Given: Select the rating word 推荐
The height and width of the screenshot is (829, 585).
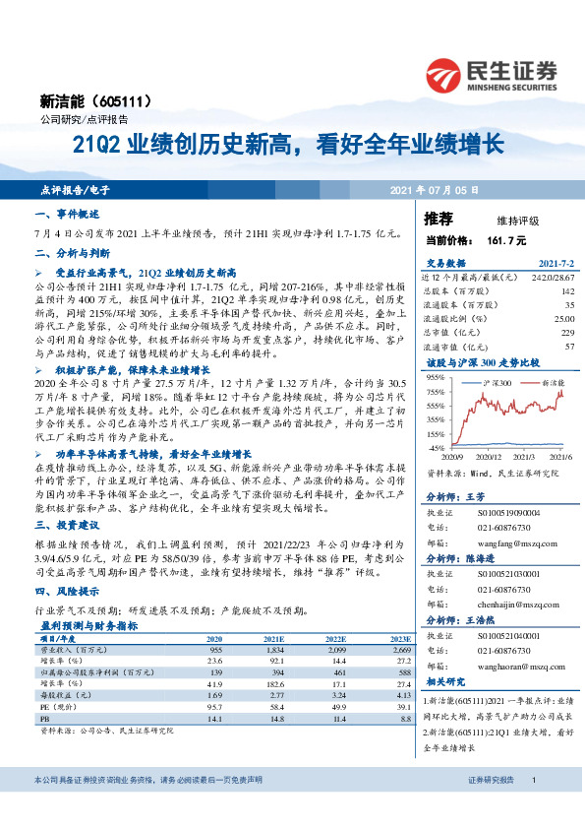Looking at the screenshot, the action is (x=439, y=218).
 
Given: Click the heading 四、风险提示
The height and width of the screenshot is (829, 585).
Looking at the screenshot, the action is (x=67, y=593).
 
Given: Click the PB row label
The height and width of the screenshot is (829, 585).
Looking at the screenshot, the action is (x=46, y=719).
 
